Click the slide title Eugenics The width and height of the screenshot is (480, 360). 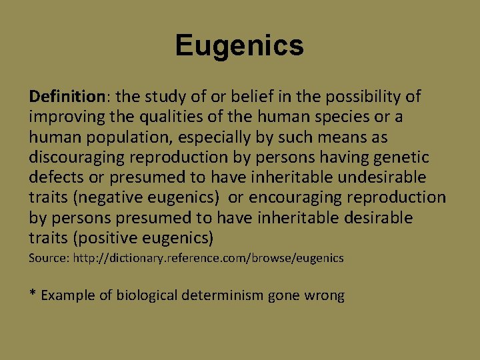[x=239, y=46]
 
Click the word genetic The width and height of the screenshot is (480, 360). [x=405, y=157]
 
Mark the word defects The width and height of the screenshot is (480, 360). [x=53, y=177]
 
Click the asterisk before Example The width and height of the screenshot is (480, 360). [x=32, y=294]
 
